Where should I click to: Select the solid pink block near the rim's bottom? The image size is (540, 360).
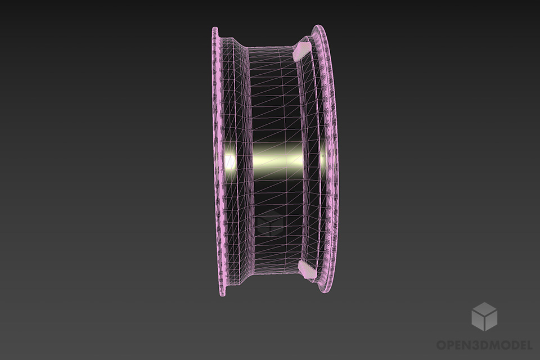(305, 269)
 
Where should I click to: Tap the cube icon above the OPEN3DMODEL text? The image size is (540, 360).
(484, 316)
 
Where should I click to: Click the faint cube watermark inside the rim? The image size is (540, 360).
(273, 226)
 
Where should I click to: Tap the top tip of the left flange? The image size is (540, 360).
(215, 29)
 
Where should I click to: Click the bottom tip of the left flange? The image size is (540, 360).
(223, 295)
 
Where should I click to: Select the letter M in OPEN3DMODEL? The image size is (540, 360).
(495, 344)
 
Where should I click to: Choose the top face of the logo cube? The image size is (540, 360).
(484, 309)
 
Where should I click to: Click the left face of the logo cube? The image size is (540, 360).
(478, 321)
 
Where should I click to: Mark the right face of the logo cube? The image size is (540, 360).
(490, 321)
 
